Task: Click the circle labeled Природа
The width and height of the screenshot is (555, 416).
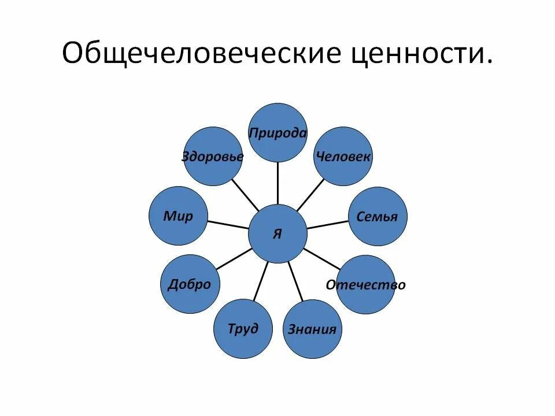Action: coord(277,133)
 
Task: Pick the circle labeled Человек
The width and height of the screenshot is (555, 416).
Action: coord(343,157)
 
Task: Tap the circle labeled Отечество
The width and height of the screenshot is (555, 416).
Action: coord(365,285)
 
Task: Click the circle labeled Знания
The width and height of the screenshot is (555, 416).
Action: coord(312,329)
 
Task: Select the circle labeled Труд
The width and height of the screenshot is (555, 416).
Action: coord(243,329)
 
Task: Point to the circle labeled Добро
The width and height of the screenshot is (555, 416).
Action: coord(189,284)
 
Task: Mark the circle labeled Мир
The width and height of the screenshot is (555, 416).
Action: coord(178,216)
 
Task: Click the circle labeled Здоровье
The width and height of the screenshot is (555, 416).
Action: coord(213,157)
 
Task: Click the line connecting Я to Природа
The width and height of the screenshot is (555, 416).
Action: coord(277,183)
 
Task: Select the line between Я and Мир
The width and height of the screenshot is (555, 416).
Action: coord(228,225)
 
